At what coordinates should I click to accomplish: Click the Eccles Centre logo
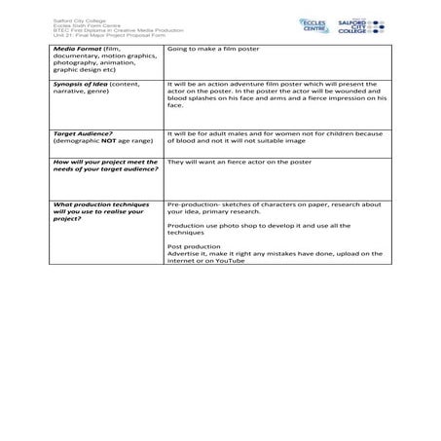[316, 23]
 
